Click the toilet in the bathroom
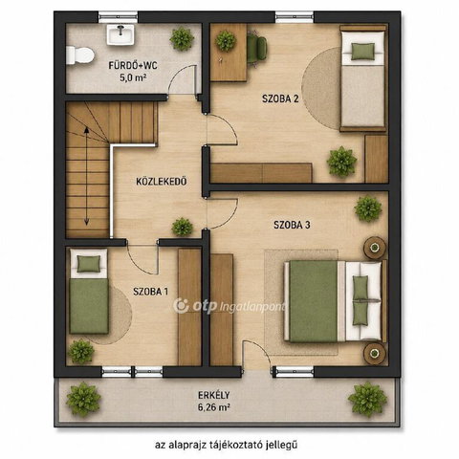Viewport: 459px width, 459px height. (x=80, y=55)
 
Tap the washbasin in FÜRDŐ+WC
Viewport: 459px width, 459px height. (x=120, y=35)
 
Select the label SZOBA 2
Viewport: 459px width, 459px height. (x=280, y=98)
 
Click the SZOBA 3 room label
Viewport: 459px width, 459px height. (x=292, y=225)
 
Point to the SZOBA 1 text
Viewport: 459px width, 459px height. (x=150, y=292)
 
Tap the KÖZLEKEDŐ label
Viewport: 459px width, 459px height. (x=162, y=182)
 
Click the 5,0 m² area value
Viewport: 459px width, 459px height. (x=133, y=78)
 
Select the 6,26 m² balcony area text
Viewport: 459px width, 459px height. (x=214, y=407)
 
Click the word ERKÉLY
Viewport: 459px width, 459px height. (x=214, y=395)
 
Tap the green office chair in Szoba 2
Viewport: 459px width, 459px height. (x=257, y=49)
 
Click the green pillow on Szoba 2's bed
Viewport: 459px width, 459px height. (x=362, y=52)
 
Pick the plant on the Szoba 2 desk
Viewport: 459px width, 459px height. (x=226, y=41)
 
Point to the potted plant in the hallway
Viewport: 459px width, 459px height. (x=183, y=227)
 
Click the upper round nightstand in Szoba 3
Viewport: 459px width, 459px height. (x=375, y=248)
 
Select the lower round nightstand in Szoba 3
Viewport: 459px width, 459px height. (x=375, y=353)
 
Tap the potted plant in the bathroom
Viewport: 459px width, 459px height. (x=182, y=39)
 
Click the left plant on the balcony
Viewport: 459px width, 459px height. (x=83, y=400)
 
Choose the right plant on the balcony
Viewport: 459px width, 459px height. (x=367, y=400)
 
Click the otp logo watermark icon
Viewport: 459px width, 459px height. (x=181, y=306)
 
